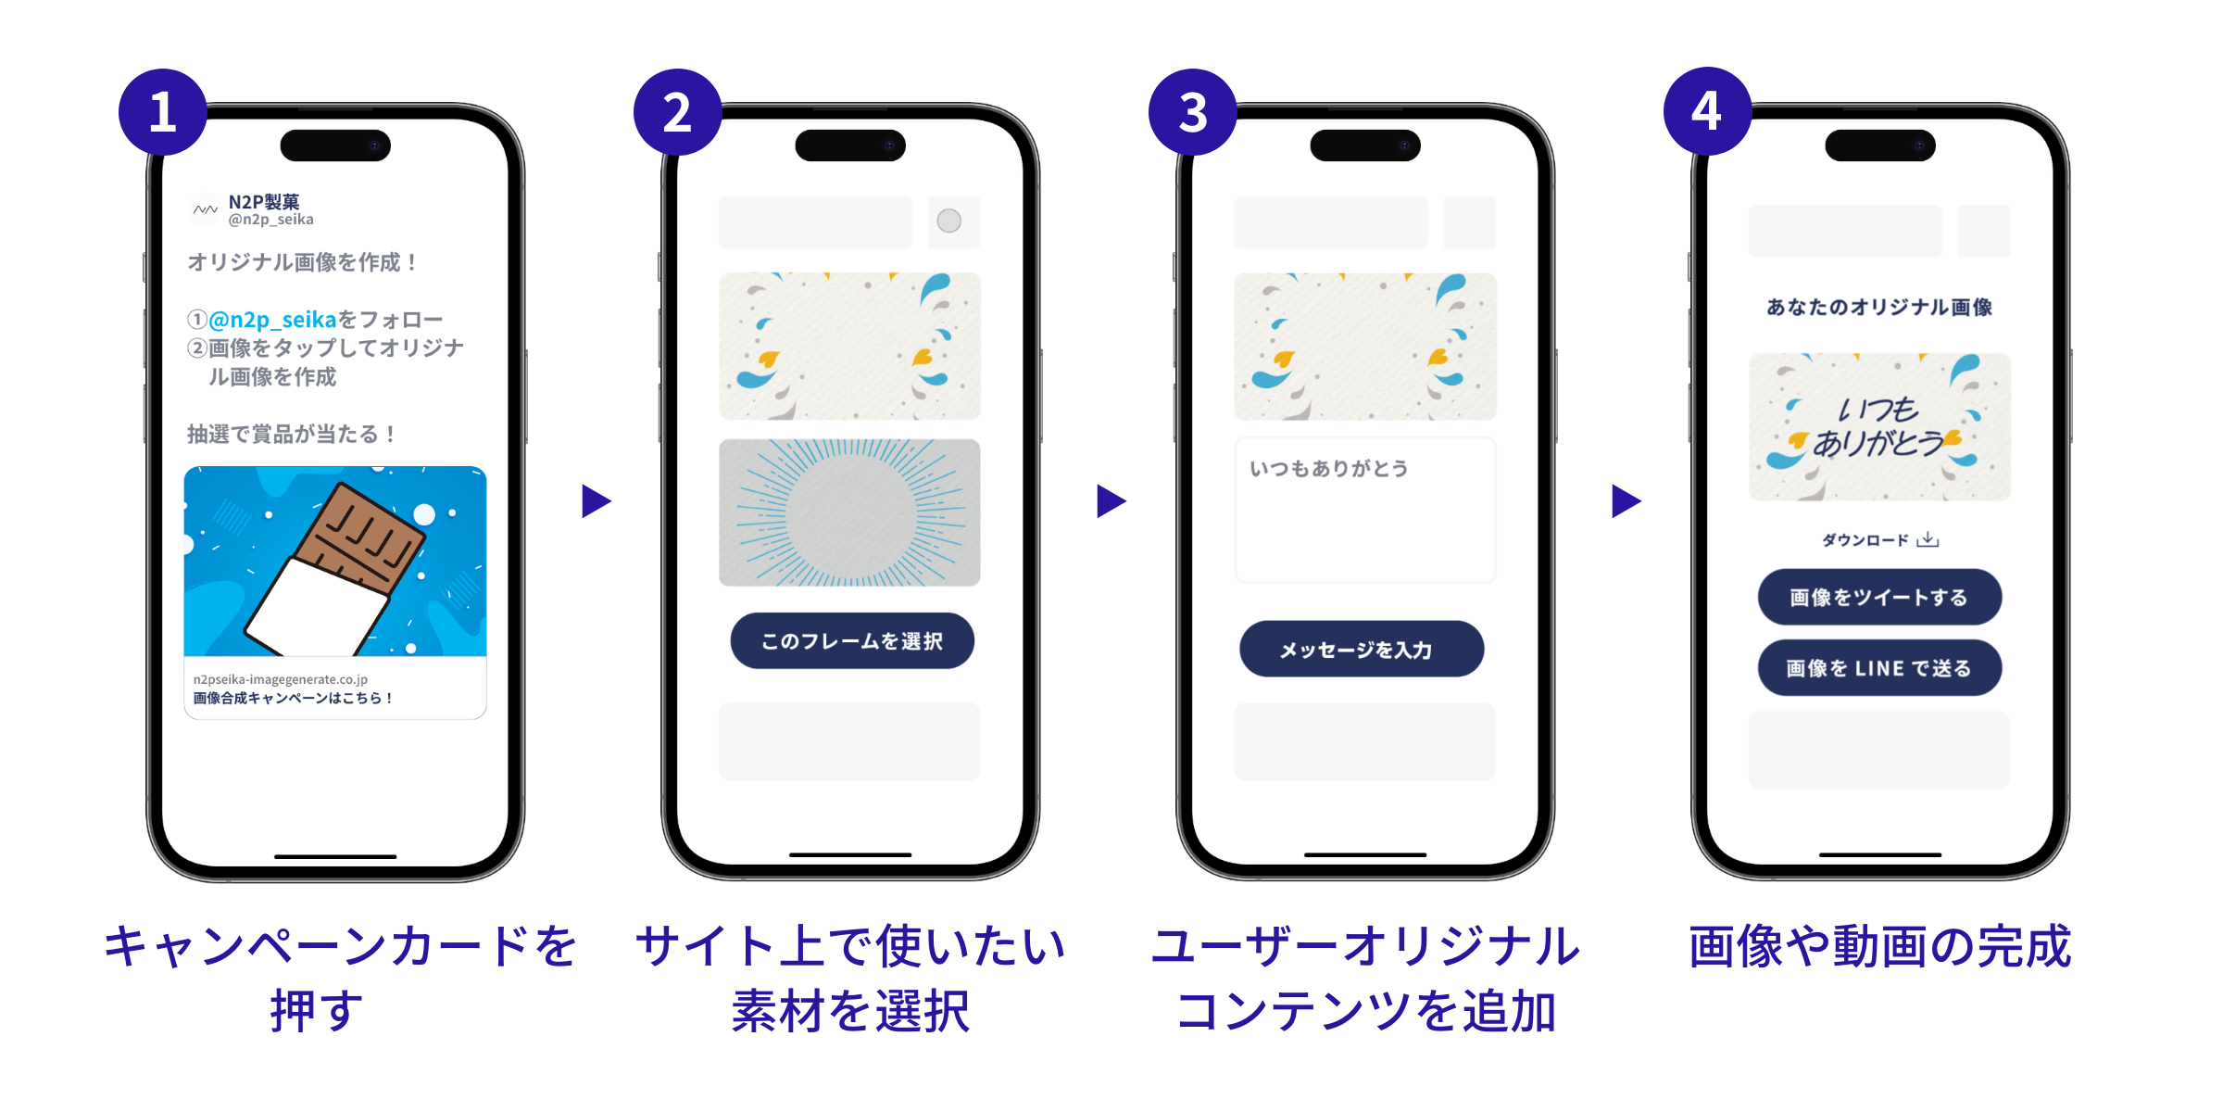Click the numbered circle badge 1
click(x=163, y=112)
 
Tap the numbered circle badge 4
click(x=1707, y=111)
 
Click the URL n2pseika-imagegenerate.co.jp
click(x=280, y=679)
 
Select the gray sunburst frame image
click(x=849, y=512)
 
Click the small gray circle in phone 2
click(x=948, y=221)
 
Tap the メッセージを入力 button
click(x=1361, y=650)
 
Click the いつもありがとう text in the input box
click(x=1328, y=469)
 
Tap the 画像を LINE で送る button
click(x=1879, y=668)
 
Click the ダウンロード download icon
click(x=1928, y=539)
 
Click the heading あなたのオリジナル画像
click(x=1878, y=308)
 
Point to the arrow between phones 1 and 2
click(x=596, y=501)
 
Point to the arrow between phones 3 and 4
click(x=1626, y=501)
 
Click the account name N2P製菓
click(x=264, y=202)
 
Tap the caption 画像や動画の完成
click(x=1878, y=947)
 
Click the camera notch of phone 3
click(x=1364, y=145)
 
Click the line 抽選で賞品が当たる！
click(x=293, y=434)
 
